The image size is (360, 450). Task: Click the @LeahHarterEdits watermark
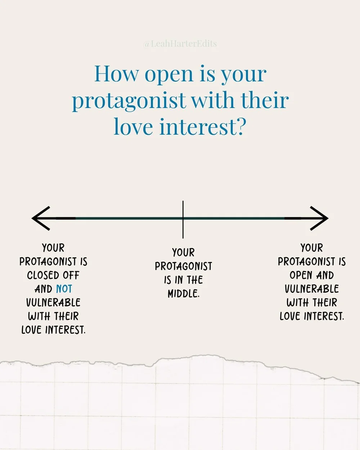click(180, 44)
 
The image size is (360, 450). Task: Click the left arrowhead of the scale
click(40, 218)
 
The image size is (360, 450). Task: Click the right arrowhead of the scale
click(320, 218)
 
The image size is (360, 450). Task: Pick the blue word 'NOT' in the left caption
click(64, 289)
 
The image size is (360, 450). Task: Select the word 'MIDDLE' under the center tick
click(183, 294)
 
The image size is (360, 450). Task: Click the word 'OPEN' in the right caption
click(301, 275)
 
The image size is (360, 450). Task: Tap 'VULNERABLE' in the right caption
click(312, 289)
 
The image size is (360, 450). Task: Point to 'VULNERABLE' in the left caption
click(53, 303)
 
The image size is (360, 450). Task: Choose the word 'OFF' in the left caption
click(71, 275)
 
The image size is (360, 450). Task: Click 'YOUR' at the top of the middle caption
click(183, 253)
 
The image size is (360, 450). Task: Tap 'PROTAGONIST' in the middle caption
click(183, 266)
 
